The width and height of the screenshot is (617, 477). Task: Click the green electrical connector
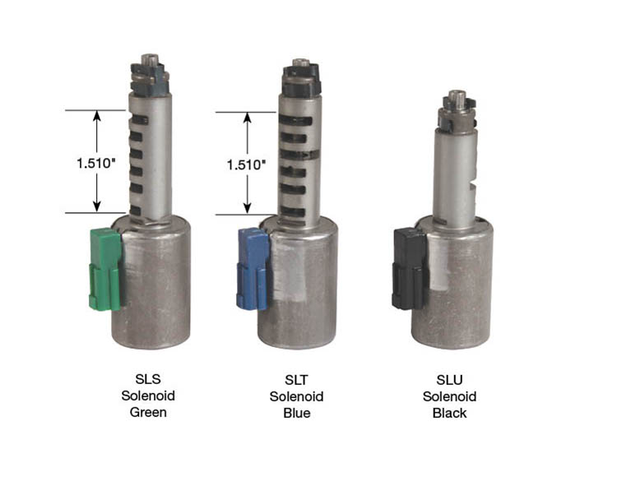(x=105, y=270)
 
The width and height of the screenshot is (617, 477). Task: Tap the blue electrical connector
(x=253, y=269)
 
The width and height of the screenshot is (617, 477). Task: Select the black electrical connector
(x=409, y=270)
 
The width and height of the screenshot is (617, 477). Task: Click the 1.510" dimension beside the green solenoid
(x=95, y=163)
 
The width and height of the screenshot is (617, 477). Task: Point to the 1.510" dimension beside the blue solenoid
(x=246, y=164)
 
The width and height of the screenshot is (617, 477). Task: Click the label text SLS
(x=148, y=379)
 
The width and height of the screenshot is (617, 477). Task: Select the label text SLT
(x=296, y=380)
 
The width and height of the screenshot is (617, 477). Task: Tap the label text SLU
(x=449, y=380)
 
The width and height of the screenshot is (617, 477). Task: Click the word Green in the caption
(x=148, y=412)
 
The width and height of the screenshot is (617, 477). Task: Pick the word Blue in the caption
(x=297, y=413)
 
